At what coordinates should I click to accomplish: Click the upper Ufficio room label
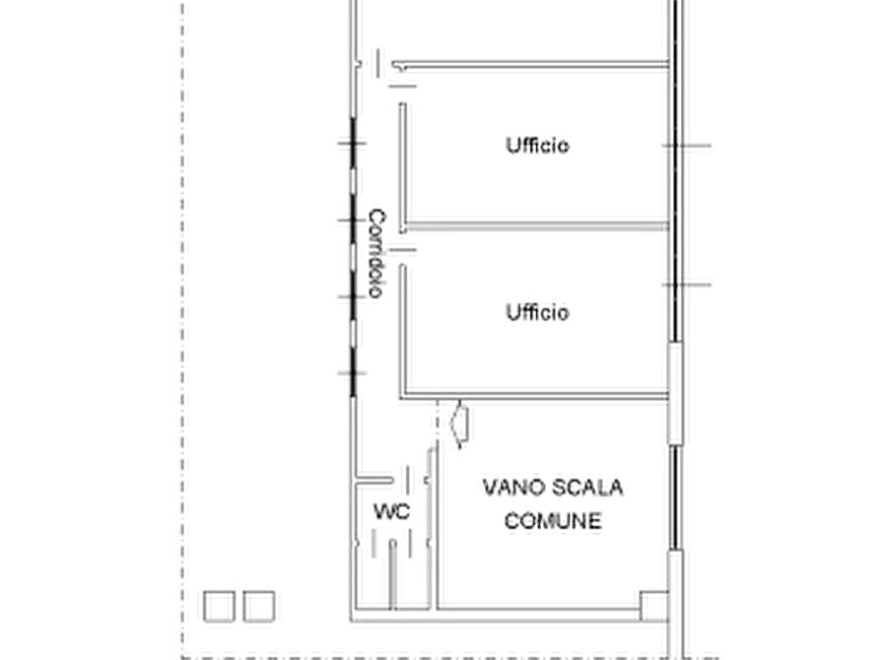[x=538, y=146]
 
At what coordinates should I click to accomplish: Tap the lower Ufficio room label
[x=538, y=312]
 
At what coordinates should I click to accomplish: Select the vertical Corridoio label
[x=376, y=253]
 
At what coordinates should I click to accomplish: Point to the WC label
[x=392, y=511]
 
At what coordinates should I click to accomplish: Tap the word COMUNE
[x=553, y=521]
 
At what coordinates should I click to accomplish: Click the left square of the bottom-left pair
[x=219, y=606]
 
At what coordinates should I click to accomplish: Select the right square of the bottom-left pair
[x=259, y=606]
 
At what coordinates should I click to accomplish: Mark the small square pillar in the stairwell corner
[x=654, y=606]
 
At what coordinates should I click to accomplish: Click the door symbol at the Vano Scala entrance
[x=461, y=425]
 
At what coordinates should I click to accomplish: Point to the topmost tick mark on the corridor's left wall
[x=352, y=144]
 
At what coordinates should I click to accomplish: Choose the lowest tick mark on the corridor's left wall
[x=352, y=372]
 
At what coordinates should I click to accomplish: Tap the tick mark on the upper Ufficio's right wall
[x=687, y=146]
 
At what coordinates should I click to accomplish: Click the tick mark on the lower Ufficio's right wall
[x=687, y=285]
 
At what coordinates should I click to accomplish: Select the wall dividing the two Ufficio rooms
[x=536, y=227]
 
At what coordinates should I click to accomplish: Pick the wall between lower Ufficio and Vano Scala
[x=534, y=397]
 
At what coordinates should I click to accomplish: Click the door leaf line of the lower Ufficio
[x=402, y=250]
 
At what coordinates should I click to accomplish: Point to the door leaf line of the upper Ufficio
[x=402, y=86]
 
